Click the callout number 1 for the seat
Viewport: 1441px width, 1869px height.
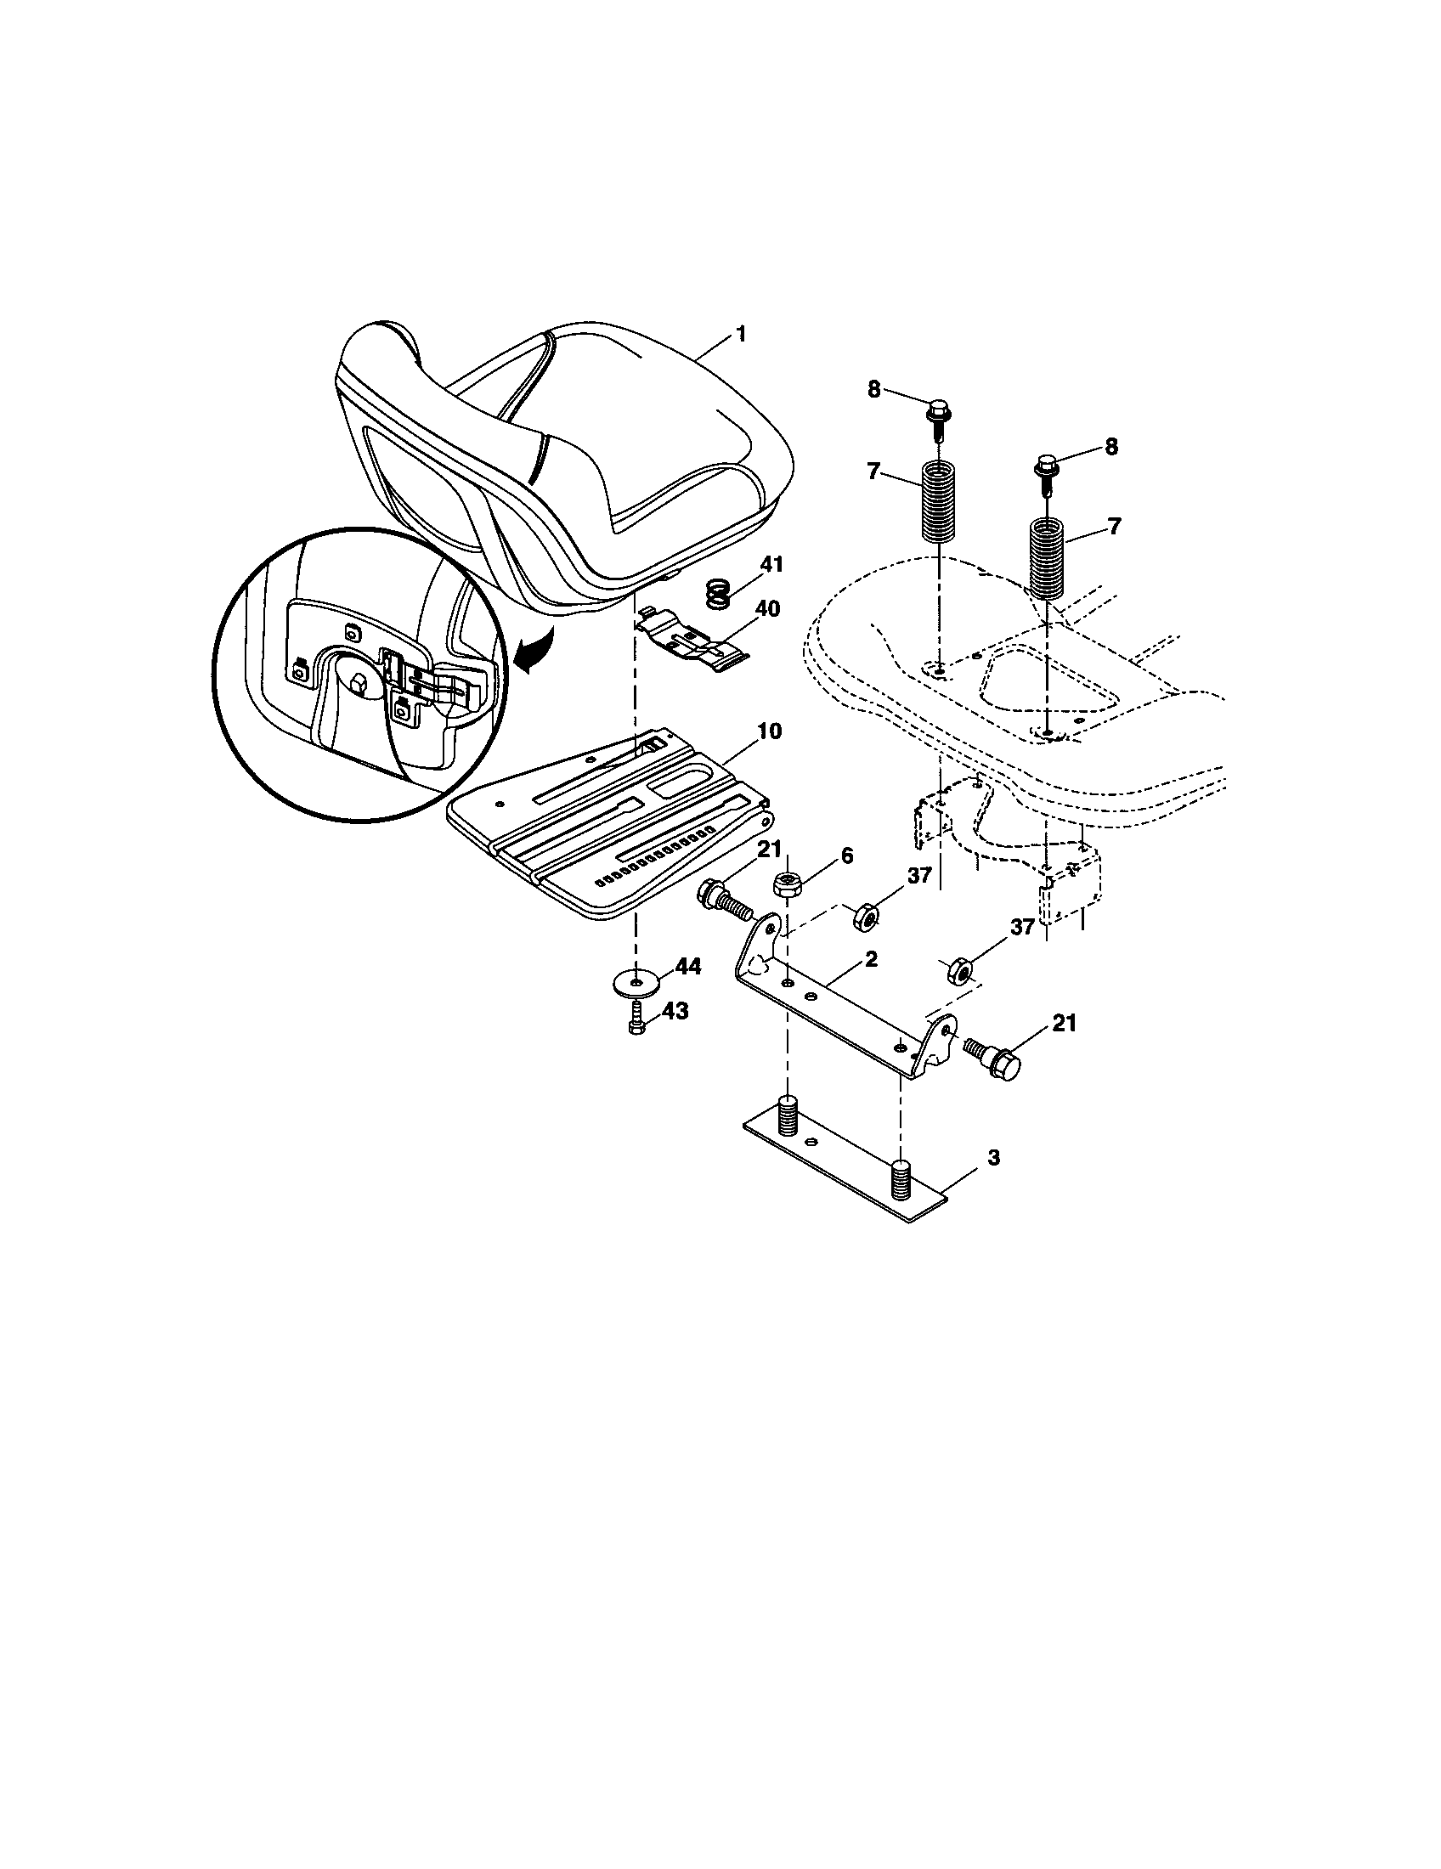[741, 334]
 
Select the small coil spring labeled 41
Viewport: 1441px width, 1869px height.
[720, 593]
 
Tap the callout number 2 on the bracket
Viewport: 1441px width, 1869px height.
[870, 959]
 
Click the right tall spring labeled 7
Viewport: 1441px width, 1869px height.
[1046, 558]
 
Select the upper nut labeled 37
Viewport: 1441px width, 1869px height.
[867, 918]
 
